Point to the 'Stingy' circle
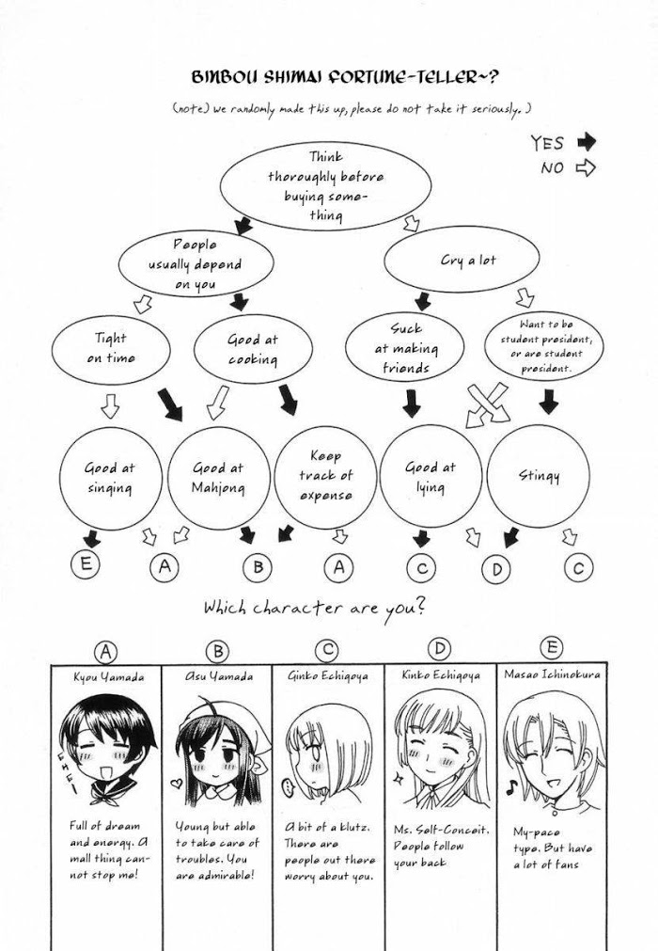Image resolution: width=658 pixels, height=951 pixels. coord(539,476)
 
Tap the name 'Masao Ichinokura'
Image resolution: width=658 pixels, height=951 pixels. coord(551,674)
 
